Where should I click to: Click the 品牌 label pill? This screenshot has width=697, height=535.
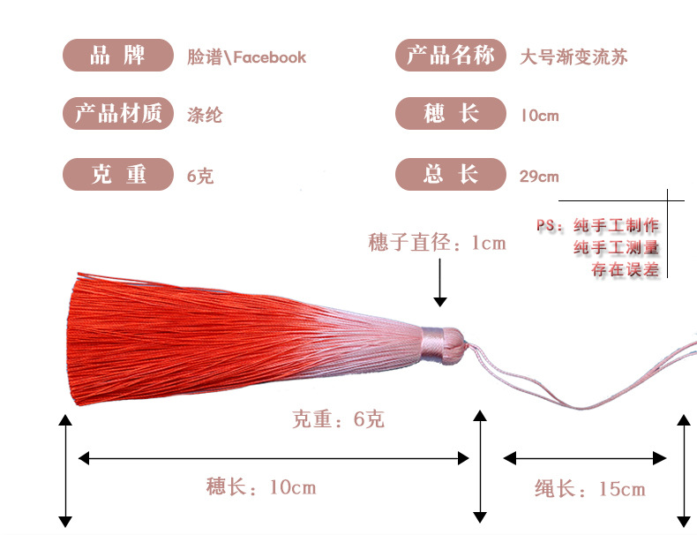(x=117, y=57)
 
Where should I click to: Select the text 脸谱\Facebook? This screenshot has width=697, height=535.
(x=246, y=57)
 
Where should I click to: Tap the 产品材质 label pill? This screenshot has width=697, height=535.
(x=117, y=115)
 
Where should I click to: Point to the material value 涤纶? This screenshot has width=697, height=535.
(x=205, y=115)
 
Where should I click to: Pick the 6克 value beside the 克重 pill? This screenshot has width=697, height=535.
(x=200, y=176)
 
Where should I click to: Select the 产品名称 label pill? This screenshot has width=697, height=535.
(x=450, y=57)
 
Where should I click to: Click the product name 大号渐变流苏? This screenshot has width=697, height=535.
(x=574, y=57)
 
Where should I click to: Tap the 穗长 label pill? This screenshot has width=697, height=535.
(x=450, y=115)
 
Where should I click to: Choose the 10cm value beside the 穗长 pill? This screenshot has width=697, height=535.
(x=539, y=116)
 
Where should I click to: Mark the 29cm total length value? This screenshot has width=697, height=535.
(x=539, y=176)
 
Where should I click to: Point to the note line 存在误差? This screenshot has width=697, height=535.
(x=625, y=270)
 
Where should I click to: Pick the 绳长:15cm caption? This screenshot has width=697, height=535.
(x=589, y=488)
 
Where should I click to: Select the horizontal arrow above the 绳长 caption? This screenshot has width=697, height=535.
(x=585, y=457)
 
